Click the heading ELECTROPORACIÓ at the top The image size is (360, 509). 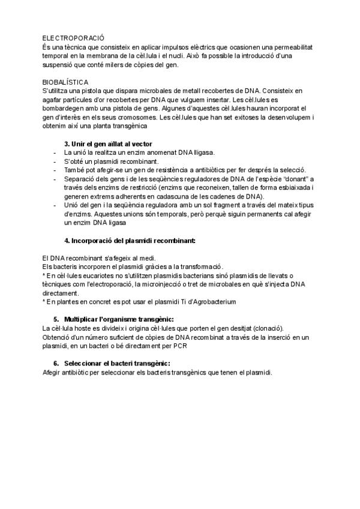(70, 37)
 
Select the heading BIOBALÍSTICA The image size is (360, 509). (65, 81)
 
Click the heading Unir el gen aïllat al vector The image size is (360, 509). (109, 144)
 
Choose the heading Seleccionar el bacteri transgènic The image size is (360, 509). (112, 363)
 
